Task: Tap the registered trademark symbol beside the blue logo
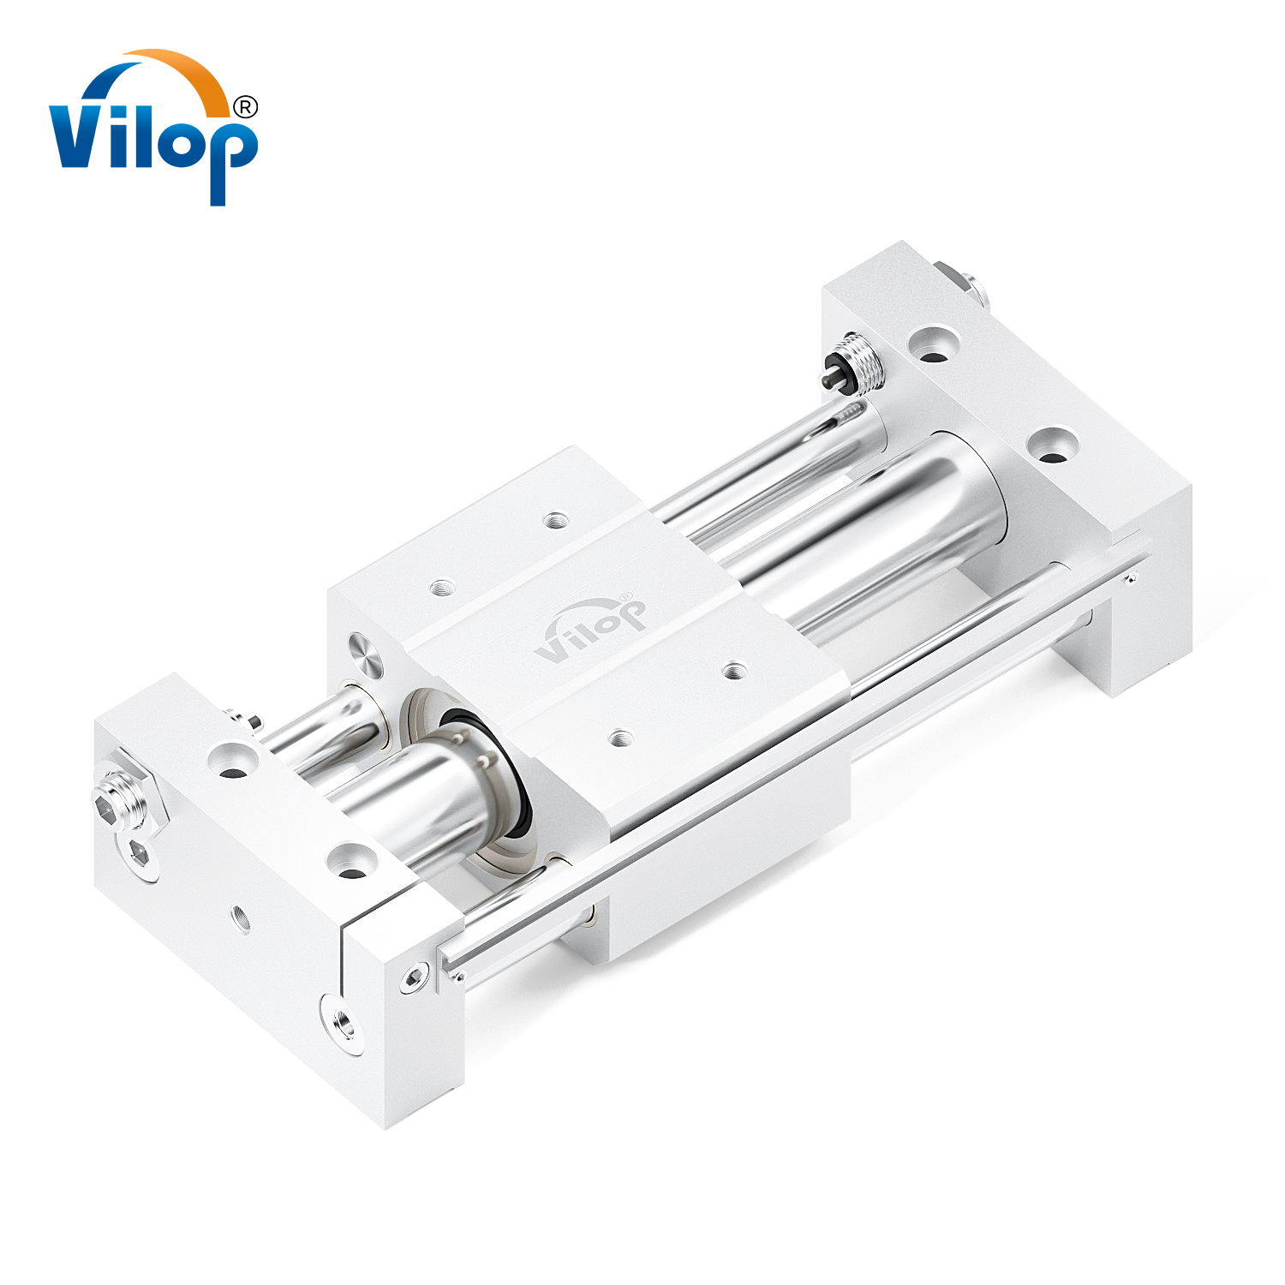245,107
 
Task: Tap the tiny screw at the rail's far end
1131,580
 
